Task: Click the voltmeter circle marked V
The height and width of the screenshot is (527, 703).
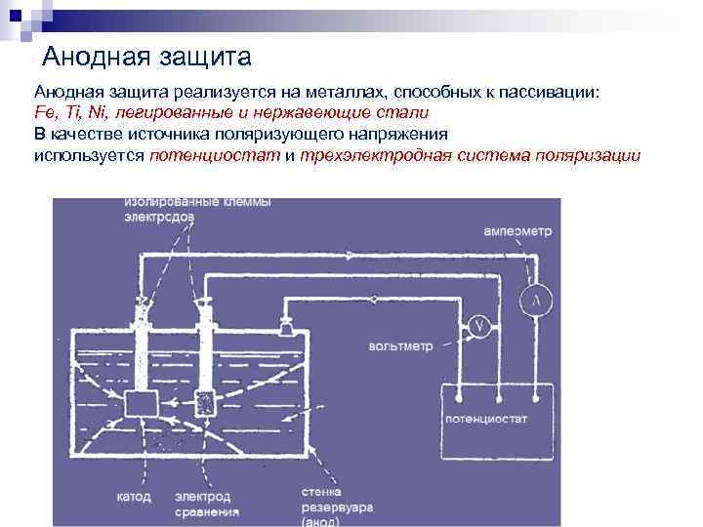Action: coord(477,328)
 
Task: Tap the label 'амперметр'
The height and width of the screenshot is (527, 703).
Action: coord(517,232)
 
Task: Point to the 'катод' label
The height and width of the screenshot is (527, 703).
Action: coord(134,497)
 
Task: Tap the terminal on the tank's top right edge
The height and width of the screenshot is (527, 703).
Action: coord(287,322)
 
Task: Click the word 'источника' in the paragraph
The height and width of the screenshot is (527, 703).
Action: coord(158,134)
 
